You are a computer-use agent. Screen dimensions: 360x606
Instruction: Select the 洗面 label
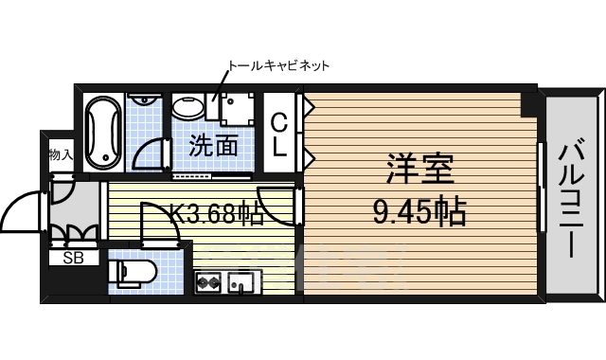tap(213, 146)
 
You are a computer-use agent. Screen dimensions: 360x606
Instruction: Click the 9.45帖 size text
tap(418, 212)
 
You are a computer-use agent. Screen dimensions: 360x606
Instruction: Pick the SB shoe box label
tap(73, 257)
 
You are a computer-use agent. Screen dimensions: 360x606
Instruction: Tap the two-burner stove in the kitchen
tap(208, 281)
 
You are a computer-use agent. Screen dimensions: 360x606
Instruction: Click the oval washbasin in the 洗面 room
tap(188, 106)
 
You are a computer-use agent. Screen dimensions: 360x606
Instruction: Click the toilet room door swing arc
tap(157, 223)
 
